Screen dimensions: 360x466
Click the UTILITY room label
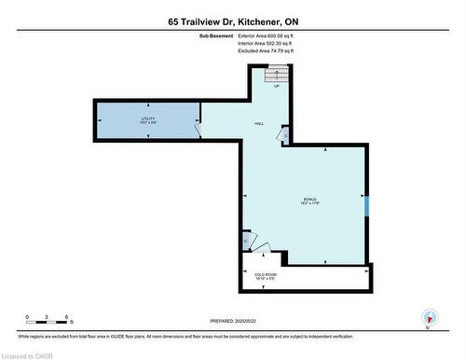[147, 120]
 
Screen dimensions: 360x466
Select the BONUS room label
[309, 201]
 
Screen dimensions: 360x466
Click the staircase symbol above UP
[272, 75]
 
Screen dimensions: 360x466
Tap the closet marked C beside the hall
[284, 137]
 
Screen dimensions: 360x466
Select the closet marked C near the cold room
[245, 242]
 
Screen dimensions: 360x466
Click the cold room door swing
[262, 249]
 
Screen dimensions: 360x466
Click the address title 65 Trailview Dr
[233, 21]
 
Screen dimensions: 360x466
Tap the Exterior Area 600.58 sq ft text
[266, 36]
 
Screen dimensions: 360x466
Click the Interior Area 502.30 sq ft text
[266, 44]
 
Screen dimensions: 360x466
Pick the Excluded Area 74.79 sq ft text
[266, 51]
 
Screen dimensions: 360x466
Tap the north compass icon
[428, 317]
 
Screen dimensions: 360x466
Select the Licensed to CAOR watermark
[29, 353]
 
